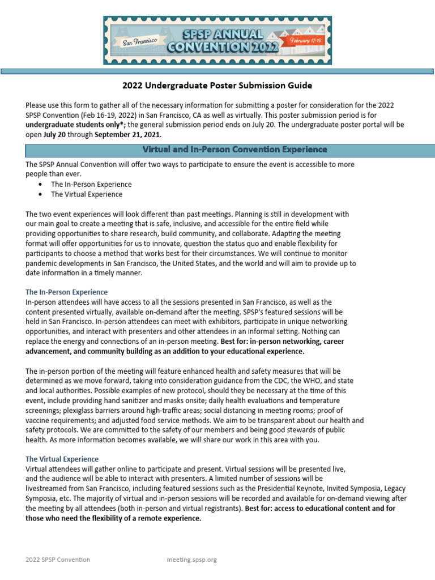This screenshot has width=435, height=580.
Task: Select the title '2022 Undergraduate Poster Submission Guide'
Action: coord(217,86)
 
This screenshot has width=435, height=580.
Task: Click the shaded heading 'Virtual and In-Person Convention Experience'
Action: coord(234,150)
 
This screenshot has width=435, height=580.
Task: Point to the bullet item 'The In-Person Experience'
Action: coord(91,185)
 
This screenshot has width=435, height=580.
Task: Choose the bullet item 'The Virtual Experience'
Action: coord(87,194)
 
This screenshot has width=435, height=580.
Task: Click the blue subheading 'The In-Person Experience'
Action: coord(66,292)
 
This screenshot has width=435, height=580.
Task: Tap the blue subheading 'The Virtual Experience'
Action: coord(62,459)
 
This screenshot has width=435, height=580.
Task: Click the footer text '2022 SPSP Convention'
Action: coord(58,560)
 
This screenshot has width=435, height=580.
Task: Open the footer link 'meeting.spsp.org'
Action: coord(192,560)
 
